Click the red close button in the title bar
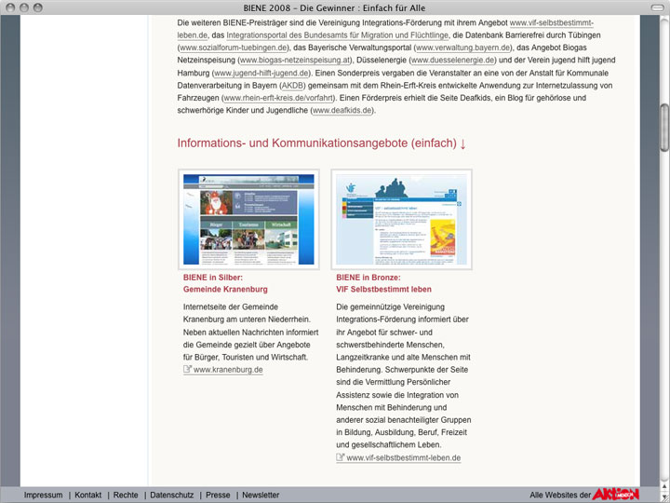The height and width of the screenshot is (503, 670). (x=10, y=7)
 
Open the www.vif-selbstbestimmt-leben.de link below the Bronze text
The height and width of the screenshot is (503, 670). (x=403, y=458)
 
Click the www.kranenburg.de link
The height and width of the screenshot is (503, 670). (x=228, y=370)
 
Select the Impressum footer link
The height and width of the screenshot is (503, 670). (x=43, y=495)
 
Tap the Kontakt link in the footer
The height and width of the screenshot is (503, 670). (x=88, y=495)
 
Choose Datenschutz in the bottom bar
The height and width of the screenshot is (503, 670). (x=171, y=495)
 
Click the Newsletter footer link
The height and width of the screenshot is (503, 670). (x=261, y=495)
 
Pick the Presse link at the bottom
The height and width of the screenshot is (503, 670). (x=218, y=495)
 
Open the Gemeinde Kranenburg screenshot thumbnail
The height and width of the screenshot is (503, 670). (x=248, y=218)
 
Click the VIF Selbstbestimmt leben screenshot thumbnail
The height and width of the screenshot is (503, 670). (x=402, y=218)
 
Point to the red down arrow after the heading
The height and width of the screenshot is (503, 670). (x=462, y=143)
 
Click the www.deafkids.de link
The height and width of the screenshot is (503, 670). (x=343, y=110)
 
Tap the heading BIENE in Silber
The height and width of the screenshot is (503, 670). (x=213, y=277)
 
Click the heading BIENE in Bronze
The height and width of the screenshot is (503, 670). (x=368, y=277)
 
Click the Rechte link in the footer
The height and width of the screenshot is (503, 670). (x=126, y=495)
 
